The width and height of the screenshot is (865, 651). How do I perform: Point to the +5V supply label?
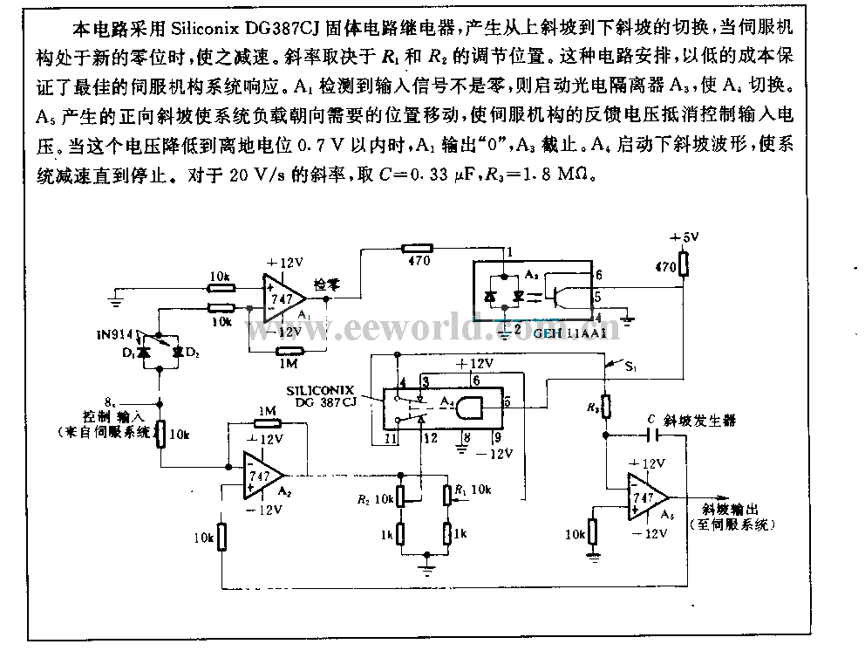tap(684, 237)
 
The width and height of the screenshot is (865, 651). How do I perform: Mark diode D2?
tap(178, 351)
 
